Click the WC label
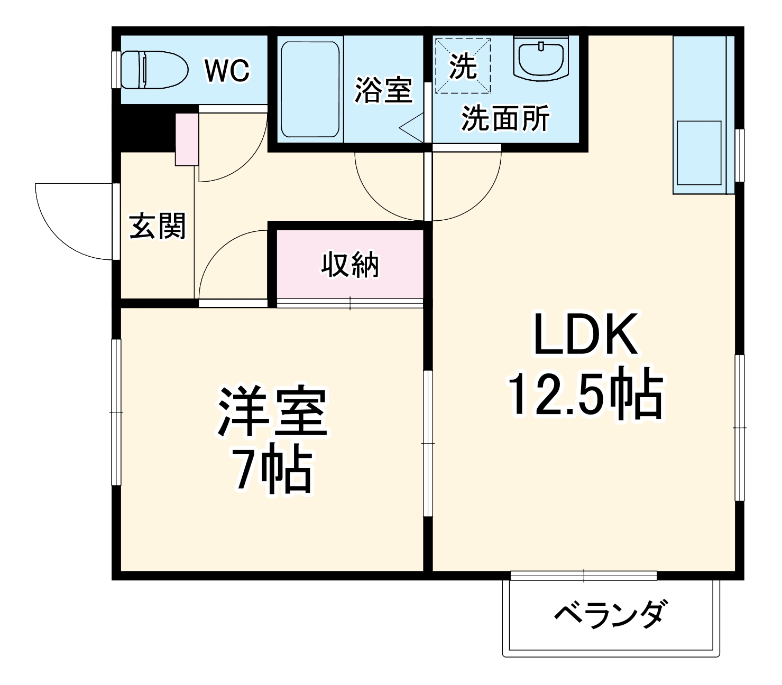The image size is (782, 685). (227, 70)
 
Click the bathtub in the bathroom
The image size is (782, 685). (309, 89)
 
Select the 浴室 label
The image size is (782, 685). (383, 90)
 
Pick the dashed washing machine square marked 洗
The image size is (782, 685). (463, 66)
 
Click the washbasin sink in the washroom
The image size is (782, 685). (540, 58)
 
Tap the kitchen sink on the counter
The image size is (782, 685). (699, 153)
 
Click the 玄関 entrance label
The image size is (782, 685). (158, 226)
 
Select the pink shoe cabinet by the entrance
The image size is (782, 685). (186, 139)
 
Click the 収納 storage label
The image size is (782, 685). (350, 265)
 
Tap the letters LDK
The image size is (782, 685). (585, 335)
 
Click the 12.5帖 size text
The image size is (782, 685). (585, 395)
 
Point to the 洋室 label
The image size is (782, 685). (272, 412)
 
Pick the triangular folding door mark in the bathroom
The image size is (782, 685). (413, 127)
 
